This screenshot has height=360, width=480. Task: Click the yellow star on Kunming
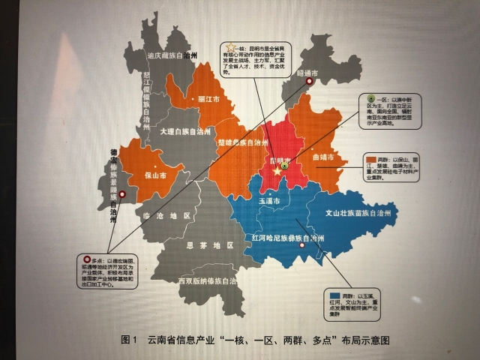[x=277, y=173]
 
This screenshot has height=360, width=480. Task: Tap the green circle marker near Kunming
[x=285, y=166]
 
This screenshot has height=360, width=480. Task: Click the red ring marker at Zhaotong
[x=309, y=83]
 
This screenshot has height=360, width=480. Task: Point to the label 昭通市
[x=307, y=73]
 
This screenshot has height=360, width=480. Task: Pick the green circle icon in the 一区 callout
[x=370, y=98]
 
